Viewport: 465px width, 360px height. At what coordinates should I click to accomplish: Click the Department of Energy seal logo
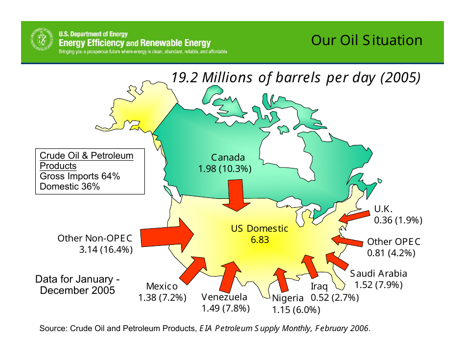point(42,40)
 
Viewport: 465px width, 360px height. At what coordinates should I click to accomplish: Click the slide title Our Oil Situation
point(367,40)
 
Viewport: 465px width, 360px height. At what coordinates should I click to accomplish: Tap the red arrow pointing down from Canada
point(236,195)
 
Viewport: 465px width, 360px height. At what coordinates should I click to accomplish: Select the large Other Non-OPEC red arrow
point(166,235)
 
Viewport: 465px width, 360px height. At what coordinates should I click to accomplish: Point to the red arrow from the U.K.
point(354,216)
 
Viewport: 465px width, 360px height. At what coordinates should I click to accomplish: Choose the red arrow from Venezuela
point(230,277)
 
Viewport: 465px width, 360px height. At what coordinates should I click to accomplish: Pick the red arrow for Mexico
point(193,270)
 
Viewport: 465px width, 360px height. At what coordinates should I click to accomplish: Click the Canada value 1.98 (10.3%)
point(225,169)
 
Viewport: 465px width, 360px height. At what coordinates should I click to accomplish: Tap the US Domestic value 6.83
point(260,240)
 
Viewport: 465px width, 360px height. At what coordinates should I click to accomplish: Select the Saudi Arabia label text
point(378,273)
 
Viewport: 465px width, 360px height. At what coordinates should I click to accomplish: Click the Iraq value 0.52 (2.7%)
point(335,297)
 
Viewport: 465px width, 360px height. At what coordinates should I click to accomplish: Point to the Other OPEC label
point(394,241)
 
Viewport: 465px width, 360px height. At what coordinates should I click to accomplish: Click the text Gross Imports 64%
point(80,176)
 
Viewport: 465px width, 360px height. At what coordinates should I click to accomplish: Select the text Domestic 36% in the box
point(70,187)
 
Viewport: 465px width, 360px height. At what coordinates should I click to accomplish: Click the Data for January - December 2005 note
point(77,285)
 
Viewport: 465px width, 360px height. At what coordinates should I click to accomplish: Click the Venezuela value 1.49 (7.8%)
point(226,309)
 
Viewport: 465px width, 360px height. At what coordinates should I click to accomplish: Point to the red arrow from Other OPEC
point(347,240)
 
